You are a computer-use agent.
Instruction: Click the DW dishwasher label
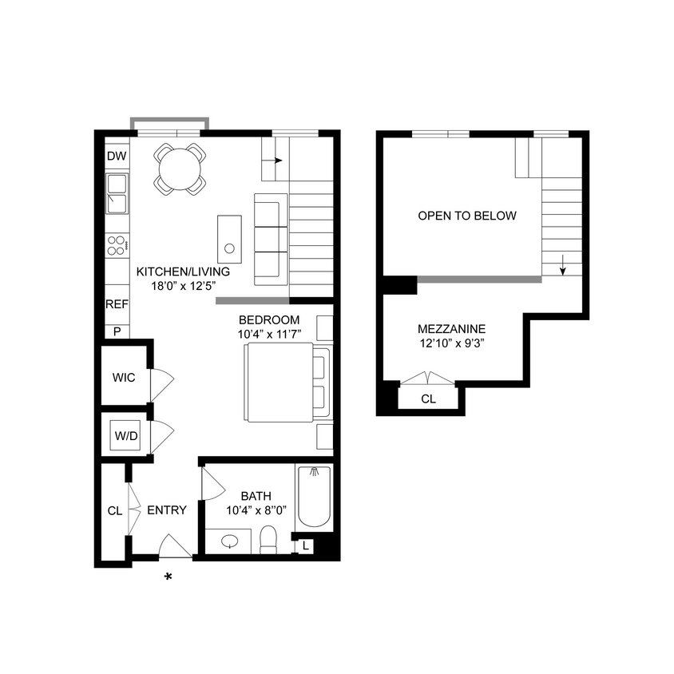coord(116,156)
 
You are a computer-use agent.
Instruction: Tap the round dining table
coord(179,168)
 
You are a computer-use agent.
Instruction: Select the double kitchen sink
coord(117,194)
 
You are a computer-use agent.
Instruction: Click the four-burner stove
coord(117,245)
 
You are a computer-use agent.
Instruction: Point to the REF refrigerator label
coord(116,304)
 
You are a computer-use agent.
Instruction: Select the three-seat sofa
coord(270,239)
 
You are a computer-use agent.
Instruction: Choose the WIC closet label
coord(123,375)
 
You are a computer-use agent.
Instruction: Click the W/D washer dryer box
coord(125,436)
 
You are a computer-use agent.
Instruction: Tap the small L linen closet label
coord(305,545)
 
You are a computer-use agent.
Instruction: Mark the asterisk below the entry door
coord(168,577)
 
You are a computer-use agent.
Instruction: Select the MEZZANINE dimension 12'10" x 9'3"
coord(451,345)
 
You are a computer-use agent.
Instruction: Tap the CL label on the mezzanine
coord(428,398)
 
